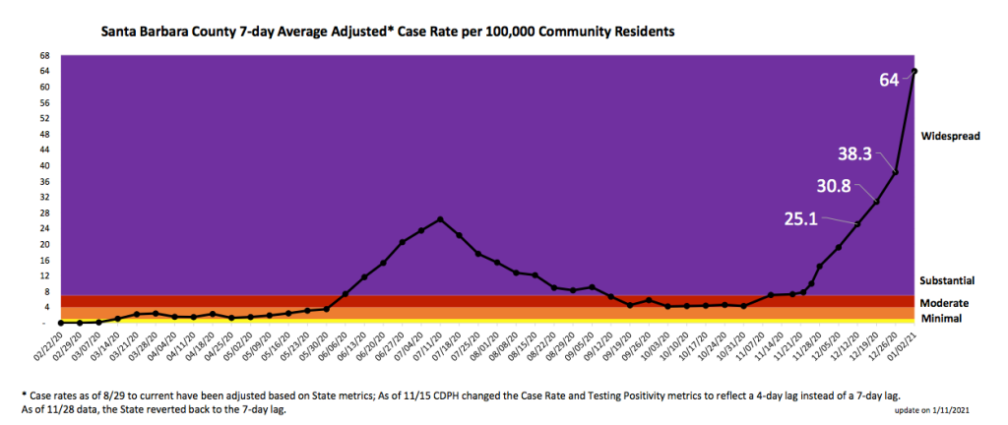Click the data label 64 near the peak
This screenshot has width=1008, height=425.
click(889, 80)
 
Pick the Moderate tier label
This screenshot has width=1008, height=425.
click(944, 303)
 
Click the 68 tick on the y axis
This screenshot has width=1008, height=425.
click(44, 55)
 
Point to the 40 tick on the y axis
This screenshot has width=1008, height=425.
click(44, 165)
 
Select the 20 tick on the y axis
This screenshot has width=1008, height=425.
click(44, 244)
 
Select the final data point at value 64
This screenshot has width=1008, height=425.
click(914, 71)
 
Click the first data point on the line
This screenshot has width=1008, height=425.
click(61, 323)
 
